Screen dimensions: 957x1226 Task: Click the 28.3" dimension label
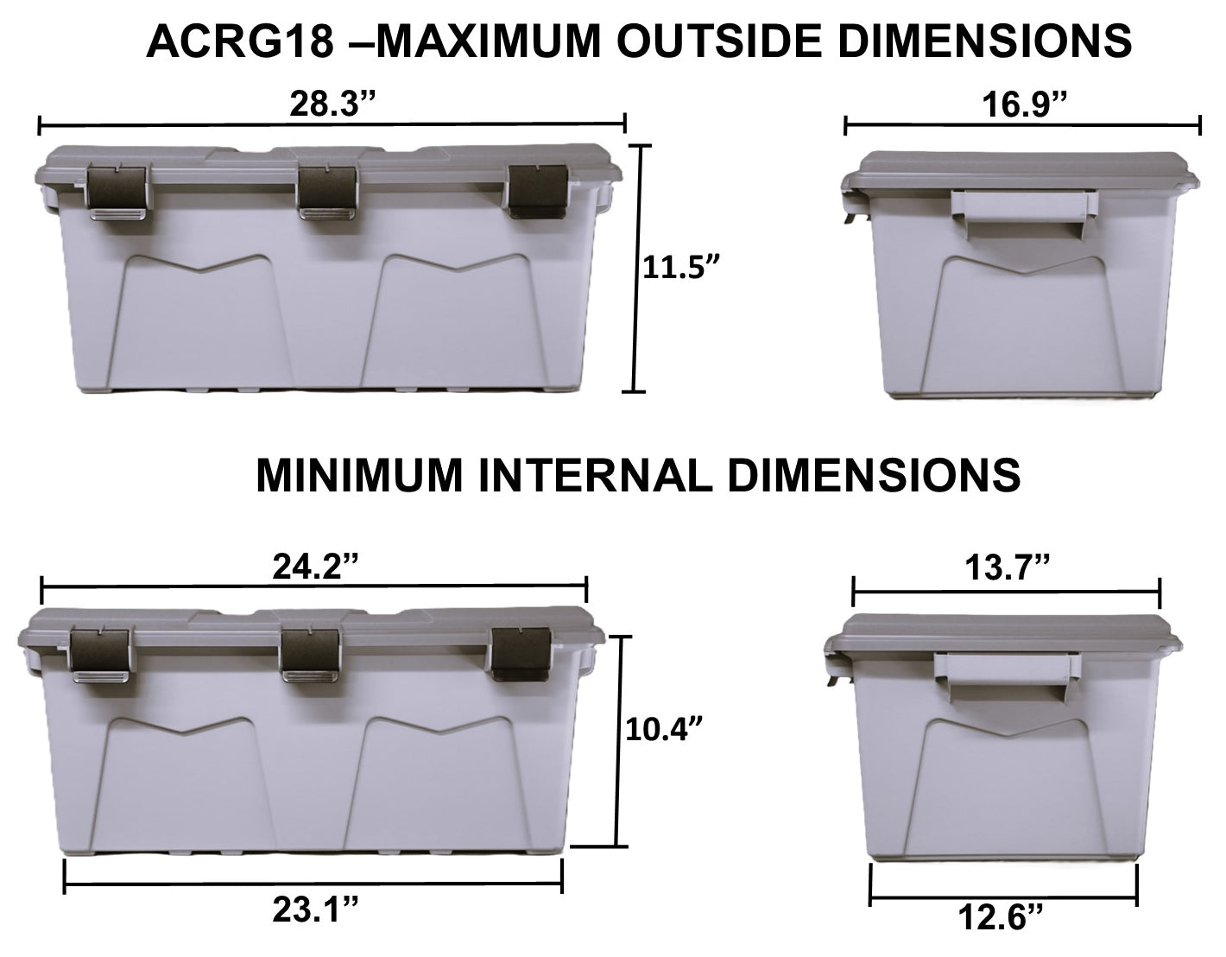[332, 105]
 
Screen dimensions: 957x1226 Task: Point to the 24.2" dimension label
[315, 567]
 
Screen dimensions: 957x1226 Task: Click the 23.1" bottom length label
[315, 911]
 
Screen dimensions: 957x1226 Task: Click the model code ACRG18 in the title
[239, 41]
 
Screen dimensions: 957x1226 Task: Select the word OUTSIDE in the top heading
[716, 41]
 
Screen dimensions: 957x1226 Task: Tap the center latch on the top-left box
[328, 192]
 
